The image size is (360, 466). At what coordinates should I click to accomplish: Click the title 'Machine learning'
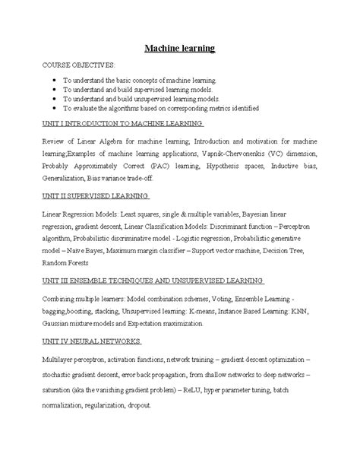[180, 49]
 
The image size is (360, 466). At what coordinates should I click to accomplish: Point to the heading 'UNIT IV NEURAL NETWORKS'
[87, 341]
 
